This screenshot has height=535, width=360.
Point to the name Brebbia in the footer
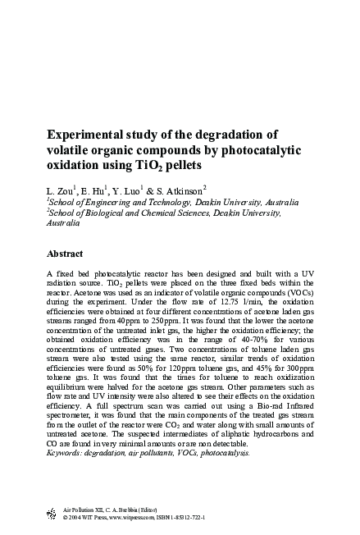click(x=131, y=510)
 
